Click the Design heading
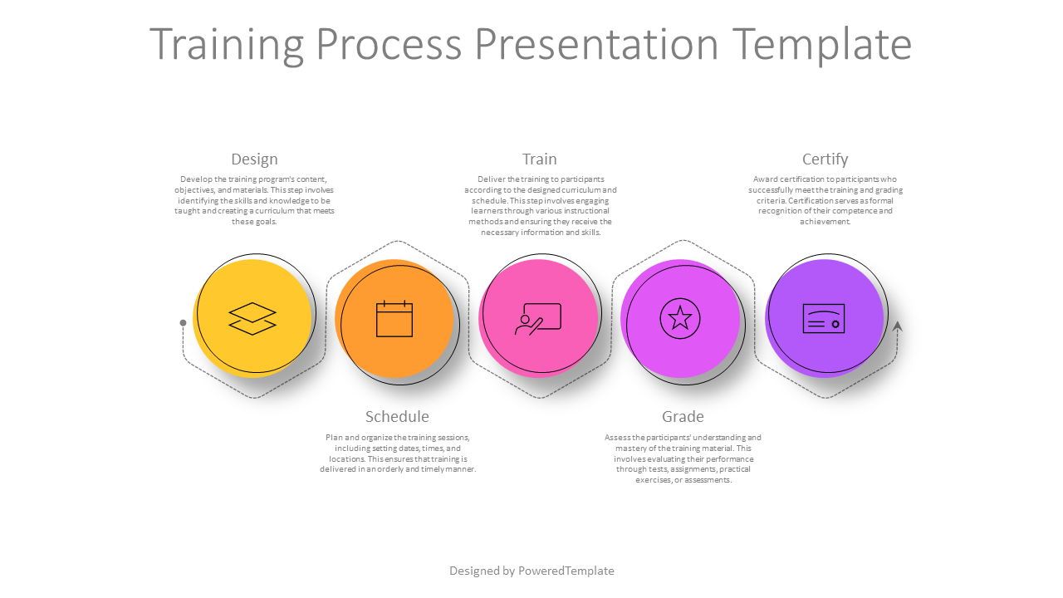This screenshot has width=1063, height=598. tap(254, 159)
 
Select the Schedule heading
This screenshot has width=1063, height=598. tap(397, 417)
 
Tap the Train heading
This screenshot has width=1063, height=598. tap(540, 159)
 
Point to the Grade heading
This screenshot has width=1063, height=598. tap(683, 417)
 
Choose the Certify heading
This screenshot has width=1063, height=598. tap(825, 159)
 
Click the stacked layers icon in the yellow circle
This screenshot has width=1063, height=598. tap(252, 318)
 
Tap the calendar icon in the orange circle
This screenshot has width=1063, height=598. tap(394, 318)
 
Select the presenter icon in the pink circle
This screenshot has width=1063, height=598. tap(538, 319)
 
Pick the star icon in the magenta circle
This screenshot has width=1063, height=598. tap(680, 318)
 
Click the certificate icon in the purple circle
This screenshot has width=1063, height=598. tap(824, 318)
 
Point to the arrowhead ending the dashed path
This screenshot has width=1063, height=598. tap(897, 326)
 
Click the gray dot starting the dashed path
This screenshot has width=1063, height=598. tap(184, 323)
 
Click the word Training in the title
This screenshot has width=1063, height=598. tap(227, 44)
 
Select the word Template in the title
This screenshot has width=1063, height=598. tap(822, 44)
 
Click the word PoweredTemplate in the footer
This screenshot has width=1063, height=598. tap(566, 571)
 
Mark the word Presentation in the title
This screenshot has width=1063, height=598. tap(597, 44)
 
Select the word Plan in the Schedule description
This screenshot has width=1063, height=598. tap(334, 438)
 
